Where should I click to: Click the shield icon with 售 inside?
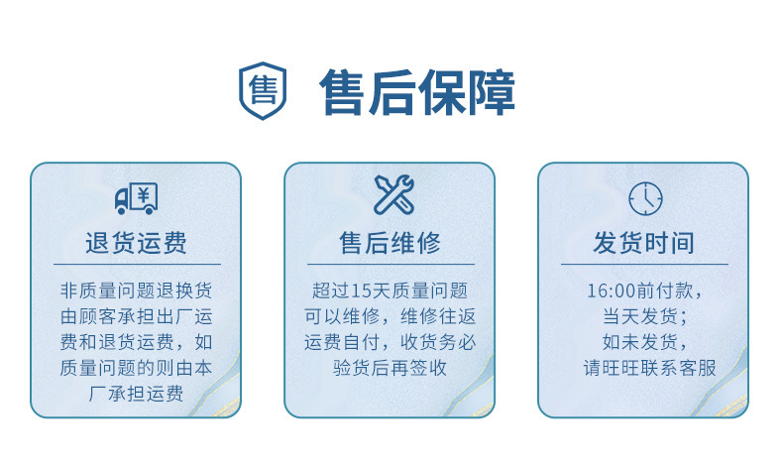[263, 92]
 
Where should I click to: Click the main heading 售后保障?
[417, 93]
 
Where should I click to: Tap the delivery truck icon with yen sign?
[136, 198]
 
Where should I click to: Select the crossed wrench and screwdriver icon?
[393, 195]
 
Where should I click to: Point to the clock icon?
[645, 198]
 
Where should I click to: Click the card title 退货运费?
[136, 243]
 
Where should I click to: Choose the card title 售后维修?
[390, 243]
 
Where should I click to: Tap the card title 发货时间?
[643, 243]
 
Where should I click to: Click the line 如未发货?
[644, 343]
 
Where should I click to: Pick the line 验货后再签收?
[390, 369]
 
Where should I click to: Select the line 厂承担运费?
[136, 395]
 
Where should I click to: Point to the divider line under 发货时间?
[644, 264]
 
